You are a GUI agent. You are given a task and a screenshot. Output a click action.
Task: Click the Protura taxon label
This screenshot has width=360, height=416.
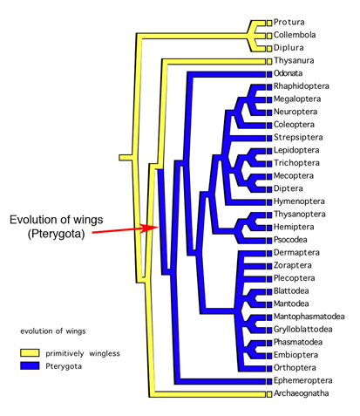coord(289,22)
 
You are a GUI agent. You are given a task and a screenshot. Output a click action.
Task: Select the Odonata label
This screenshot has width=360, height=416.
coord(288,73)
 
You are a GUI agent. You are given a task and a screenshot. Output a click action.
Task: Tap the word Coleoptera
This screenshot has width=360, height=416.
coord(294,125)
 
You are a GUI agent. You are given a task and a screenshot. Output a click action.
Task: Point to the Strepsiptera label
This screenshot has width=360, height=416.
coord(298,137)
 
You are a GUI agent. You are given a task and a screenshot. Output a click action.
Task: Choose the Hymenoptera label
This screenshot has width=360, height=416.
coord(299,201)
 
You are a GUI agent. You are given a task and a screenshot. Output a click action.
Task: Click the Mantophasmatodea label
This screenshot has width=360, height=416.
coord(309,317)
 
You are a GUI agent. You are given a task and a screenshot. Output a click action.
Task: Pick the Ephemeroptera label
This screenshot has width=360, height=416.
coord(302,380)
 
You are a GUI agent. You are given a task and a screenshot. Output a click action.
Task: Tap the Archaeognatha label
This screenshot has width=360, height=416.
coord(302,393)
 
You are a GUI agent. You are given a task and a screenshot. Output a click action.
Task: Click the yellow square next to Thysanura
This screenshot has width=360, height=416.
coord(269,61)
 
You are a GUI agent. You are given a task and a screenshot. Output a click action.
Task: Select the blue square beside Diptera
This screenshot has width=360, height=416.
coord(269,189)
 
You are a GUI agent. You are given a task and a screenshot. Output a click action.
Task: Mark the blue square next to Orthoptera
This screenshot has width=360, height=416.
coord(269,368)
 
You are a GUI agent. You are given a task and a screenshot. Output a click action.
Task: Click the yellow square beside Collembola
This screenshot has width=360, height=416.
coord(269,36)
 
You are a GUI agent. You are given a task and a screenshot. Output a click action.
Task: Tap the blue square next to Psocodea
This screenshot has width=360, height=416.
coord(269,240)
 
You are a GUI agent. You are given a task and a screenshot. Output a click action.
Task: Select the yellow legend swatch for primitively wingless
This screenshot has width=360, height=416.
coord(30,353)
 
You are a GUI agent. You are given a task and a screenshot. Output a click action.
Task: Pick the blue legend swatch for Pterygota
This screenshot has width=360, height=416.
coord(30,365)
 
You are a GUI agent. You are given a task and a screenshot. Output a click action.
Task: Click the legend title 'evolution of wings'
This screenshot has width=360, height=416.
coord(53,331)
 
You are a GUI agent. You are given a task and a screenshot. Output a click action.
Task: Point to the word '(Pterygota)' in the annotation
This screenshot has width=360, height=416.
coord(56,234)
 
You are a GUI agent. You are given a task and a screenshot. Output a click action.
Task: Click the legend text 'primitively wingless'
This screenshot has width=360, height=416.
coord(83,353)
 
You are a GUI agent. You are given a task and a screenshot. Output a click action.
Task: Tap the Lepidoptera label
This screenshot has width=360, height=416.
coord(296,150)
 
